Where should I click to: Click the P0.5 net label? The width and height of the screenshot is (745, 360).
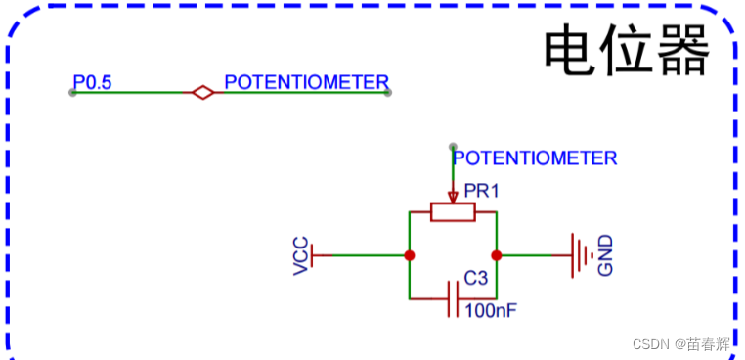[92, 82]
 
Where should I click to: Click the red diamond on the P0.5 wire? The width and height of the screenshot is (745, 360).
[202, 93]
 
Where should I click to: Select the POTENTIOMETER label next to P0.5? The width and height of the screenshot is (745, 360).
[306, 82]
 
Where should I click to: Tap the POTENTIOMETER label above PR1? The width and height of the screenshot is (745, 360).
[535, 157]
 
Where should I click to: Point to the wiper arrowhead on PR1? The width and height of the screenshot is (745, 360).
[453, 199]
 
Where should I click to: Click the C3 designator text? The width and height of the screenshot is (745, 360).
[475, 279]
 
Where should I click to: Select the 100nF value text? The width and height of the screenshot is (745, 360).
[491, 311]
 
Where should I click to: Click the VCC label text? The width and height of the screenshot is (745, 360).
[302, 255]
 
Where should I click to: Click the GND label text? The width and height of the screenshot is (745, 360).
[605, 255]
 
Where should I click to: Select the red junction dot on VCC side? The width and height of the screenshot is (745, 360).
[410, 255]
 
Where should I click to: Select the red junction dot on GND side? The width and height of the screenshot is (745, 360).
[496, 255]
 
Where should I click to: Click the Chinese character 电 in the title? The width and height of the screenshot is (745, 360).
[570, 51]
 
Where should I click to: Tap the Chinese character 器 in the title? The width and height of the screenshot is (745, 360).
[681, 51]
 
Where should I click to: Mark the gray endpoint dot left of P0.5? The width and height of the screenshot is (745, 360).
[72, 93]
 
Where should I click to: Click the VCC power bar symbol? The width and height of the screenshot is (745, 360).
[316, 255]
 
